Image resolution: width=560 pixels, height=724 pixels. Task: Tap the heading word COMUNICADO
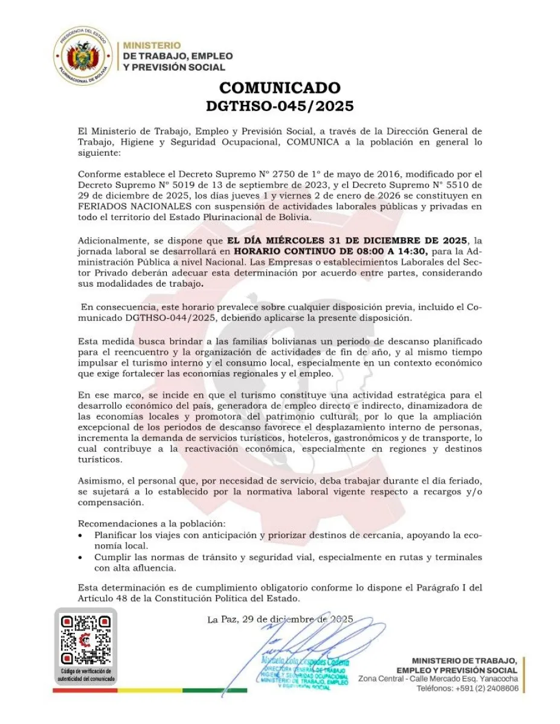[280, 88]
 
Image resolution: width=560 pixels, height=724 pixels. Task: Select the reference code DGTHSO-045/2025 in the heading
[280, 106]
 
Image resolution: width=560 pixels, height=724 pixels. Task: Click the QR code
[86, 640]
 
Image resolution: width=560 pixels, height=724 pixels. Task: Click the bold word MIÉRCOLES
[295, 240]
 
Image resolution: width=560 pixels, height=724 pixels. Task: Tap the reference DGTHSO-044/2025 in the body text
[171, 317]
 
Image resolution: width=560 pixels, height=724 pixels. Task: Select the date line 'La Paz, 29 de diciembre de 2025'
[280, 619]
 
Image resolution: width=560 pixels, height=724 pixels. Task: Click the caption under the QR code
[85, 675]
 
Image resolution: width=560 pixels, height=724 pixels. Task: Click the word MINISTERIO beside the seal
[152, 45]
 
